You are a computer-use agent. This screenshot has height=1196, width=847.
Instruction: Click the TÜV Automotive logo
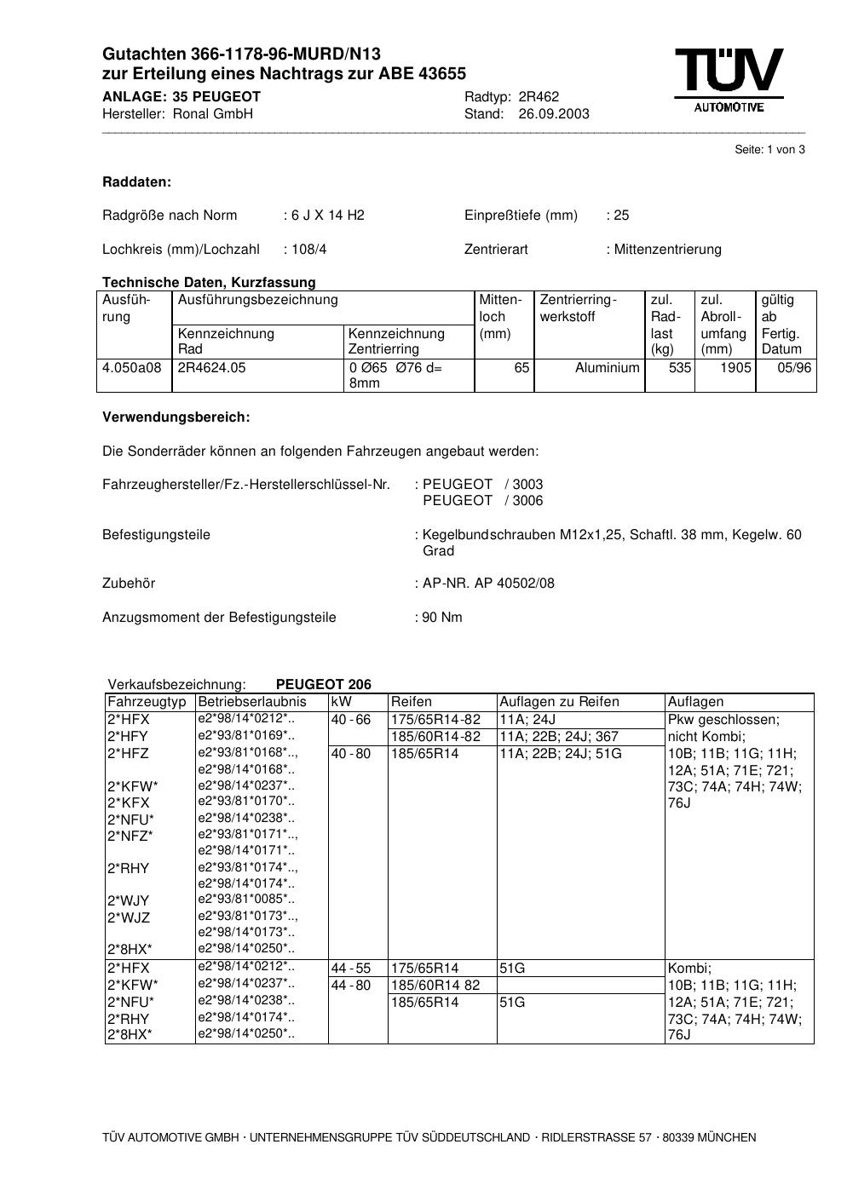pyautogui.click(x=729, y=79)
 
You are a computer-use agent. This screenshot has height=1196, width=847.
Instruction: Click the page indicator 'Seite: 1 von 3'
pyautogui.click(x=769, y=150)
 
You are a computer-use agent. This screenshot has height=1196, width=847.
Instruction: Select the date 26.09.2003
pyautogui.click(x=553, y=114)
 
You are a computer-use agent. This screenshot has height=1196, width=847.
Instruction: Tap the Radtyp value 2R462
pyautogui.click(x=539, y=97)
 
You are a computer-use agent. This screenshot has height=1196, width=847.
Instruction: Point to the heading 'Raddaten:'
pyautogui.click(x=136, y=182)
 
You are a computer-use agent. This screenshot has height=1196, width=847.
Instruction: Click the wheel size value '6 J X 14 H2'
pyautogui.click(x=327, y=216)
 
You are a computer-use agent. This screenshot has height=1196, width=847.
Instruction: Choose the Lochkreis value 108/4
pyautogui.click(x=308, y=250)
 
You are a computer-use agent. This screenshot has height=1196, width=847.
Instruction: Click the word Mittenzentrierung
pyautogui.click(x=667, y=250)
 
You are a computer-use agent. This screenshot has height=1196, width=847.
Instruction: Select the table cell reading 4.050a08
pyautogui.click(x=131, y=368)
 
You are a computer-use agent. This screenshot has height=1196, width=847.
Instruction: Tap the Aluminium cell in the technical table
pyautogui.click(x=607, y=368)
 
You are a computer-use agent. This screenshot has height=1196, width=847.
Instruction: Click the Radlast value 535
pyautogui.click(x=680, y=368)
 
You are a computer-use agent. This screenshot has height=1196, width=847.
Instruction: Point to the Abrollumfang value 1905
pyautogui.click(x=735, y=368)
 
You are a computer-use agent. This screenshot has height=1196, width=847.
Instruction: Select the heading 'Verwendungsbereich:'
pyautogui.click(x=176, y=417)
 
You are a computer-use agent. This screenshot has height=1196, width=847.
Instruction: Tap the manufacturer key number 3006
pyautogui.click(x=527, y=501)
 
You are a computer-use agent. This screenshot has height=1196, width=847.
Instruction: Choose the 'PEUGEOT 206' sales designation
pyautogui.click(x=324, y=685)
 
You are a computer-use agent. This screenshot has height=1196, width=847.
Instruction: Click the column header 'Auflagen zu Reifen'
pyautogui.click(x=559, y=702)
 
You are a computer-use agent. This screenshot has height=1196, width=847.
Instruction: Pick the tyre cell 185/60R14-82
pyautogui.click(x=435, y=737)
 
